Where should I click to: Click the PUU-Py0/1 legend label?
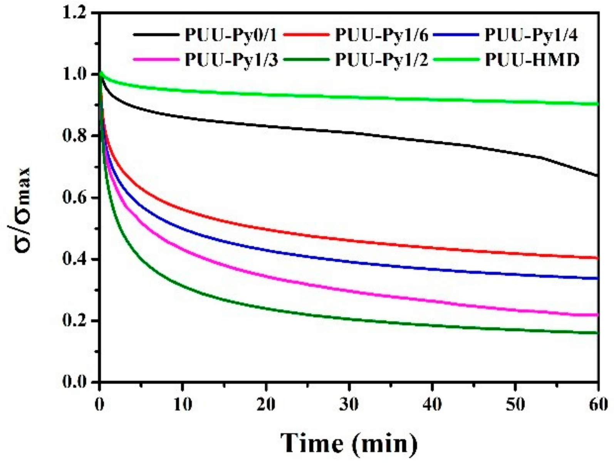[230, 35]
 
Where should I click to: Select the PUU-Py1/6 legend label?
[381, 35]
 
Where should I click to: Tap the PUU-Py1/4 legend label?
[531, 35]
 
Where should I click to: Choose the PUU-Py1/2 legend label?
[381, 60]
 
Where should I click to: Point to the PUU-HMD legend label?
[532, 60]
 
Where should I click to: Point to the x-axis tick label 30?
[349, 404]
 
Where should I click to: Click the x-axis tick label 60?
[597, 404]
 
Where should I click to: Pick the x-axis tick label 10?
[183, 404]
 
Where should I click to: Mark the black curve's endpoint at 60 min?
[597, 175]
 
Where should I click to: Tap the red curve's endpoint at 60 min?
[597, 258]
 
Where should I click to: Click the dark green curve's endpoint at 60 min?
[597, 333]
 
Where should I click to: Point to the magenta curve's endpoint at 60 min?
[597, 315]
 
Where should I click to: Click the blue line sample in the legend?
[456, 35]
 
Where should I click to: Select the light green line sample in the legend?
[456, 59]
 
